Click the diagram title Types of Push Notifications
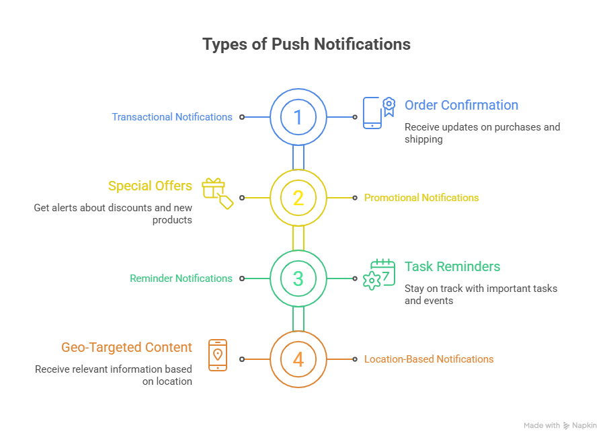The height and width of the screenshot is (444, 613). click(306, 44)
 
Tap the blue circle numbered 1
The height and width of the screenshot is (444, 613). click(298, 117)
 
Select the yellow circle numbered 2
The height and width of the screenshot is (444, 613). click(298, 198)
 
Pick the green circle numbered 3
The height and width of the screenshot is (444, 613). click(298, 279)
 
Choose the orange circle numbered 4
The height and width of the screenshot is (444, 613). click(298, 359)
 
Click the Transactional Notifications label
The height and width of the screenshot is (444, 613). click(172, 117)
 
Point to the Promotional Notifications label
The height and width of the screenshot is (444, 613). click(421, 198)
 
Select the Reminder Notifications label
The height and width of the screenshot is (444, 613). click(181, 279)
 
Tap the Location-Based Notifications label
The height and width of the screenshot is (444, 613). click(429, 359)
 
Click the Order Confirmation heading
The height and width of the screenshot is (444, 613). click(461, 105)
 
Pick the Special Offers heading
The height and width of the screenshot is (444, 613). click(150, 186)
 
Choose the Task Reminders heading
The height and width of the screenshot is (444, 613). click(452, 266)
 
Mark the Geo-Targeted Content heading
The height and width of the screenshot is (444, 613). click(126, 347)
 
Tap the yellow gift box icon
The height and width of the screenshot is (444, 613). click(217, 193)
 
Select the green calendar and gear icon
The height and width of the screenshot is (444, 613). click(379, 274)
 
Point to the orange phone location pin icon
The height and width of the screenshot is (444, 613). click(217, 355)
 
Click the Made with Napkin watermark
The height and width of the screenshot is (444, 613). click(560, 425)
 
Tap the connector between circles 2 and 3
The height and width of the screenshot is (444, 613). click(298, 238)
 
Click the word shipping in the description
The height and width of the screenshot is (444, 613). click(423, 139)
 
